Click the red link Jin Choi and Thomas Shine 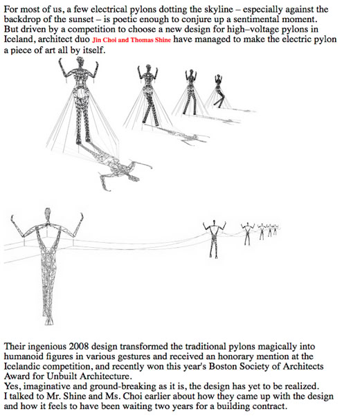[132, 40]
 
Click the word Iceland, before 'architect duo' [19, 39]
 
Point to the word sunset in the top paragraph [80, 19]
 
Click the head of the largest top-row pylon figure [80, 62]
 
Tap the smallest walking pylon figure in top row [219, 91]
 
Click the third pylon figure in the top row [190, 92]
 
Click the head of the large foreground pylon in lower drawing [48, 214]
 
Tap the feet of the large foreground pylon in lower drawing [48, 320]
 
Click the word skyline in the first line [219, 9]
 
